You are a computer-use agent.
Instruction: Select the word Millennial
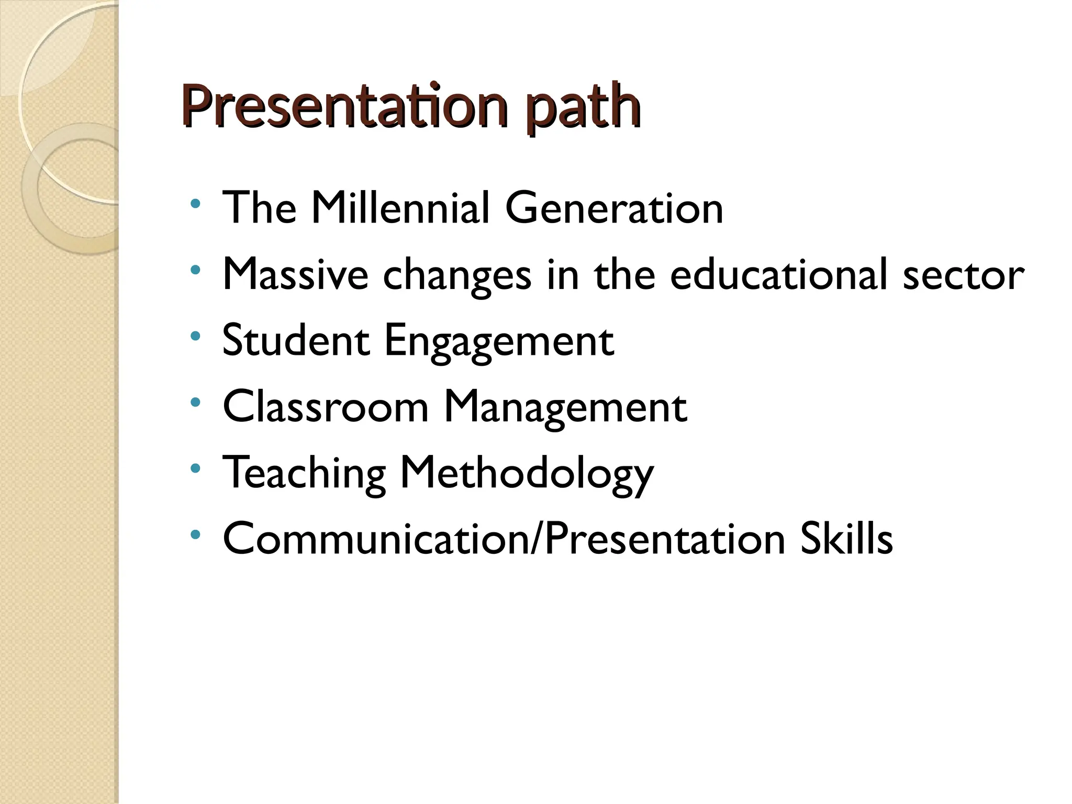click(x=400, y=208)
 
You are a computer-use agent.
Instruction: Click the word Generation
click(x=614, y=208)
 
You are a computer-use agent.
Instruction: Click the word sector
click(x=963, y=275)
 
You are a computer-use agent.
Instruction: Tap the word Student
click(x=296, y=340)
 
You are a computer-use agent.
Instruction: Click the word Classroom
click(x=326, y=406)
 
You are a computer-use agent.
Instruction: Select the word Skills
click(x=846, y=539)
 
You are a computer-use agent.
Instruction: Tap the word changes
click(x=457, y=275)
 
